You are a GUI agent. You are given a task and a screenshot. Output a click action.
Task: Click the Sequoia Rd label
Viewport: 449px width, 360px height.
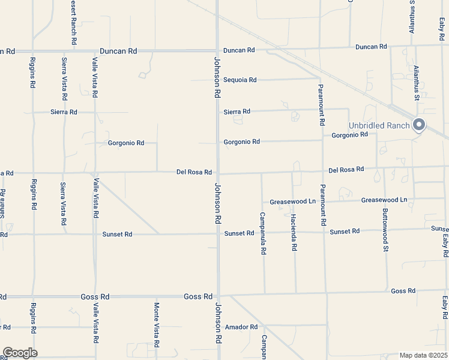click(x=240, y=80)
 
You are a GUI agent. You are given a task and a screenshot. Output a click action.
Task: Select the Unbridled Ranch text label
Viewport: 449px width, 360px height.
click(x=379, y=125)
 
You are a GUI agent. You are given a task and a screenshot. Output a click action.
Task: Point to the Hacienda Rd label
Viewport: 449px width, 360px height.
click(x=294, y=232)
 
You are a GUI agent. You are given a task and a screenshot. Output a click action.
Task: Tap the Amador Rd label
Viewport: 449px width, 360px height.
click(x=241, y=327)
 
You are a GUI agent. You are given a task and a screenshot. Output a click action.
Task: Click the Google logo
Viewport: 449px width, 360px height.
click(x=20, y=353)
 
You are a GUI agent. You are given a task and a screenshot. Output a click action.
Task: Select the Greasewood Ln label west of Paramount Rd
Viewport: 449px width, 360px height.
click(x=292, y=201)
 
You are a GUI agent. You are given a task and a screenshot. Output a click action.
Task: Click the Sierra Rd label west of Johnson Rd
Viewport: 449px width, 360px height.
click(x=64, y=112)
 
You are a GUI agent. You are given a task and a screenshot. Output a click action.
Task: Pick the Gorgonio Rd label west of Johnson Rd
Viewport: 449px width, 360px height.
click(x=126, y=143)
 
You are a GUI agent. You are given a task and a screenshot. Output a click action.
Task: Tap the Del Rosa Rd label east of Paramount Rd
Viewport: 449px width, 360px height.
click(x=346, y=169)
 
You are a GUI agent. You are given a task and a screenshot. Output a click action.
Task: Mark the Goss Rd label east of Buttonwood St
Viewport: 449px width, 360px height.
click(x=403, y=291)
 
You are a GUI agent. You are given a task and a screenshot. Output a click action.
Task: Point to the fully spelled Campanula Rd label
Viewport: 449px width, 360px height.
click(x=262, y=233)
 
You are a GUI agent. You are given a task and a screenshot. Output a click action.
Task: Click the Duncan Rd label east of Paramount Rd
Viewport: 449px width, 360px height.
click(x=371, y=46)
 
